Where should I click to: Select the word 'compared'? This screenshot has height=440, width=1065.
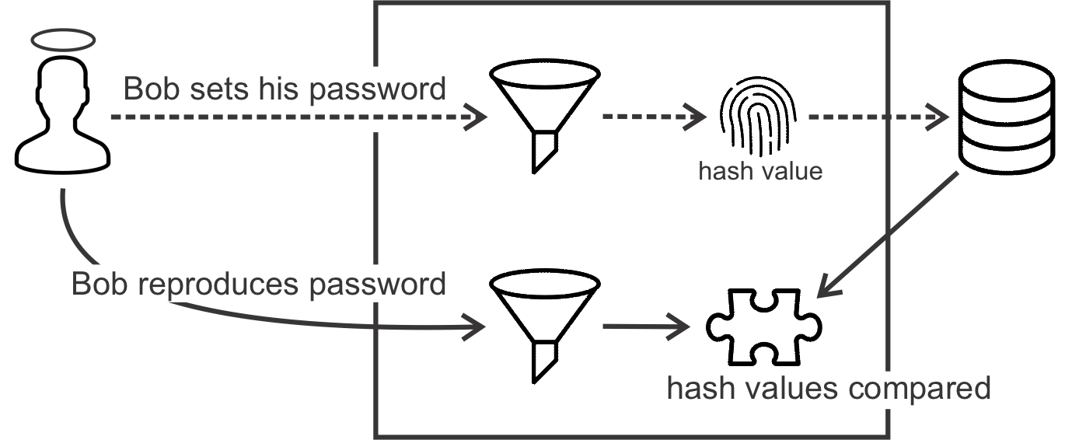point(919,386)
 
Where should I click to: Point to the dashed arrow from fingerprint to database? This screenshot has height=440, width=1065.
point(878,117)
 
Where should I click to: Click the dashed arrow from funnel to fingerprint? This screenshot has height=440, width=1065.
point(653,117)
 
